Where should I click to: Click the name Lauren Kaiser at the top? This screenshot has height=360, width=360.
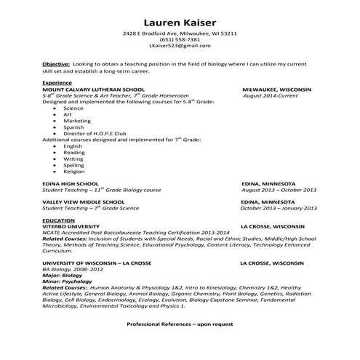tap(179, 22)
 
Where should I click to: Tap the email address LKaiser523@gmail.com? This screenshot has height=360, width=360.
tap(179, 45)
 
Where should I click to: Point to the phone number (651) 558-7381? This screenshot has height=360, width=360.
tap(179, 39)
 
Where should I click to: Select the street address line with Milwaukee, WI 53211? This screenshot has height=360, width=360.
tap(179, 33)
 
